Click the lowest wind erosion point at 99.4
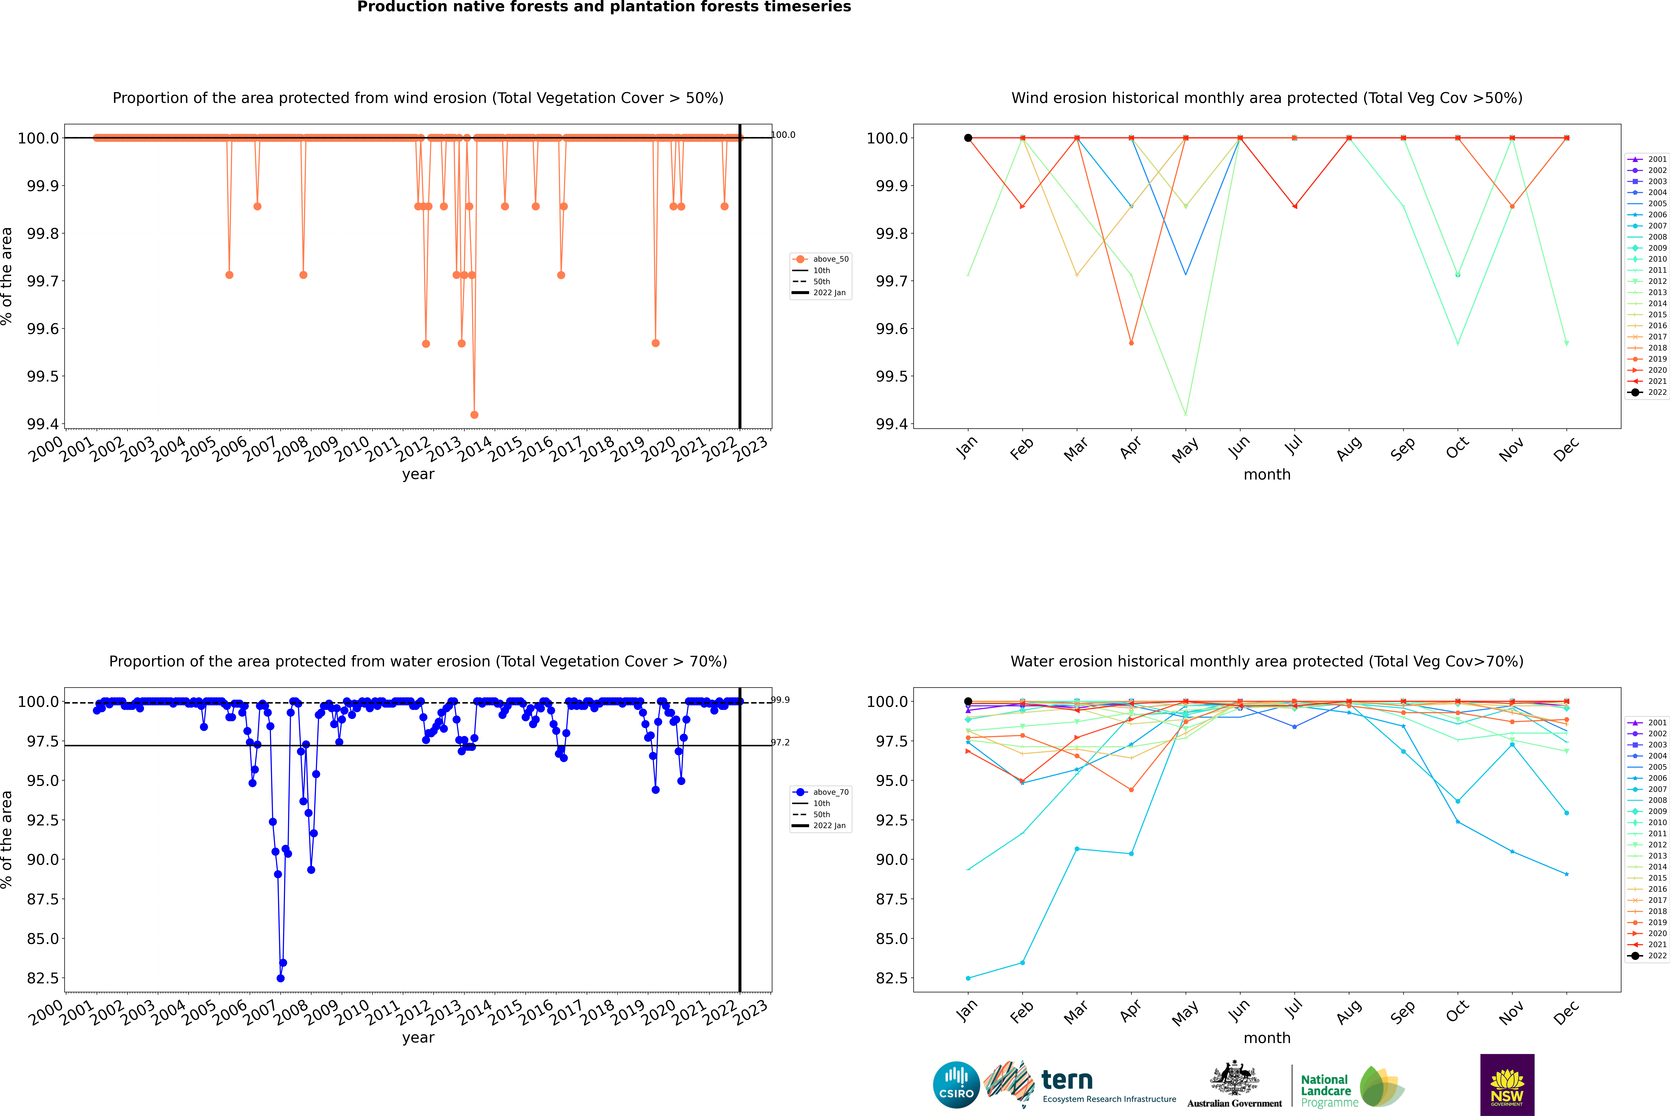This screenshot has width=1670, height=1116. click(x=474, y=414)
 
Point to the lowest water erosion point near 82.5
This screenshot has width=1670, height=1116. click(x=281, y=978)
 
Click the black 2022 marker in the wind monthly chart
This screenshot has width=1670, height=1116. click(x=968, y=138)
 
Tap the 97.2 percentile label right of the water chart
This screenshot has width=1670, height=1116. click(x=780, y=742)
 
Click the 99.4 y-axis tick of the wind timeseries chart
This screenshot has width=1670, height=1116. click(x=43, y=424)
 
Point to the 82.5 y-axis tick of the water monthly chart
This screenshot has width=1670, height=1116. click(x=891, y=978)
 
